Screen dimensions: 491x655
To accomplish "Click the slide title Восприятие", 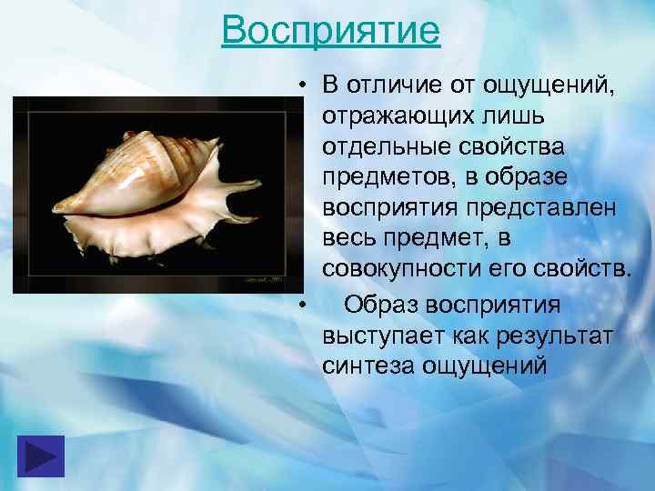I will (x=330, y=30).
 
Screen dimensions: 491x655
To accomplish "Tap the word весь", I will (x=349, y=239).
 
